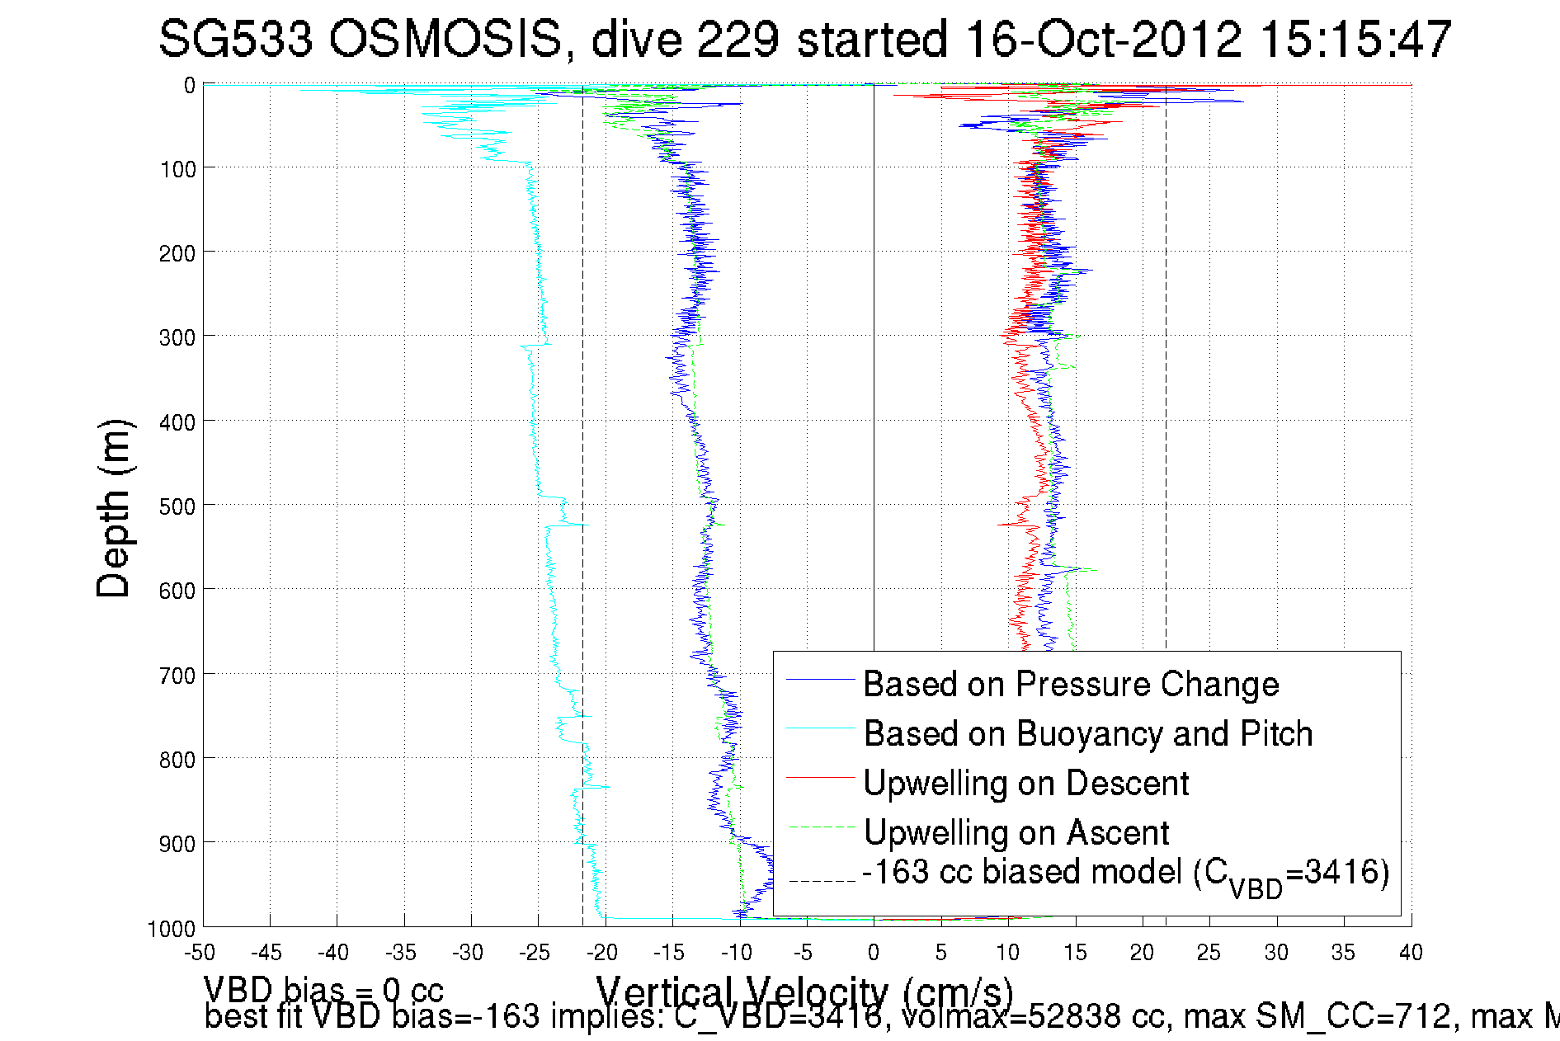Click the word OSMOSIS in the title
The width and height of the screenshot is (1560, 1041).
tap(445, 39)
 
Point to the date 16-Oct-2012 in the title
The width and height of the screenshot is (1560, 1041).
tap(1103, 39)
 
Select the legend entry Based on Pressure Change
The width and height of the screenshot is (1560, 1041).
tap(1071, 684)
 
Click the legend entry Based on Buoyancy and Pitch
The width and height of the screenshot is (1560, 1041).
tap(1087, 733)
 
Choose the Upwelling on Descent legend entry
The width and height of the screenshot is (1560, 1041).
tap(1025, 783)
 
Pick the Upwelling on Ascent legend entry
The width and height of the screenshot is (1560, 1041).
tap(1016, 832)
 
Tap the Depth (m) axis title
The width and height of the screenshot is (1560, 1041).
tap(113, 508)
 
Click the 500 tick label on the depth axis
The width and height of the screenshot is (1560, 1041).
tap(177, 506)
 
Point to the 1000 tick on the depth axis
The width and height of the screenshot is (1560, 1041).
tap(172, 929)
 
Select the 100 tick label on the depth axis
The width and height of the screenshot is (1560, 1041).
tap(177, 169)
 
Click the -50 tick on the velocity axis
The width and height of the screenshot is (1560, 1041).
tap(200, 953)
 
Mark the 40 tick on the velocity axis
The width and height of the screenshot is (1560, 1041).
tap(1411, 953)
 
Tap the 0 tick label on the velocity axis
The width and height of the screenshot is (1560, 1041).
tap(874, 953)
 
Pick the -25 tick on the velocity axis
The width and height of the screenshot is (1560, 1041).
tap(535, 953)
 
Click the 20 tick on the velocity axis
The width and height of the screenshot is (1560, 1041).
tap(1142, 953)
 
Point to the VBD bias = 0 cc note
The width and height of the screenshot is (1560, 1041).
tap(323, 989)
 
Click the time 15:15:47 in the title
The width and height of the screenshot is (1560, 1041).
tap(1357, 39)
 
